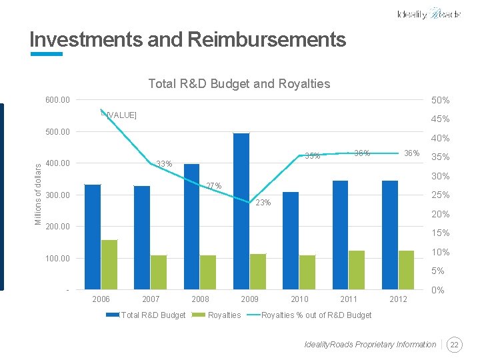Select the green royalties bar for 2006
pos(109,265)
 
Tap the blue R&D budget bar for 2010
pos(291,241)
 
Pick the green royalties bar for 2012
pos(406,270)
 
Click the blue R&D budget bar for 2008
pos(191,227)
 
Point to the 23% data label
pos(263,203)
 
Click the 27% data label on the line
pos(213,185)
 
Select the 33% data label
pos(164,164)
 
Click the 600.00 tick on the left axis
pos(57,100)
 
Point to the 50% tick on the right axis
pos(440,100)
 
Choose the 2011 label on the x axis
pos(349,299)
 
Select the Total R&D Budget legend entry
pos(152,315)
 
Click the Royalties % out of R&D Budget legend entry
pos(316,315)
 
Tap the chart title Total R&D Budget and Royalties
pos(239,83)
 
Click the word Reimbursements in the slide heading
pos(267,39)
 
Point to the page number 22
pos(455,345)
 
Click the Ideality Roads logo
pos(428,14)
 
